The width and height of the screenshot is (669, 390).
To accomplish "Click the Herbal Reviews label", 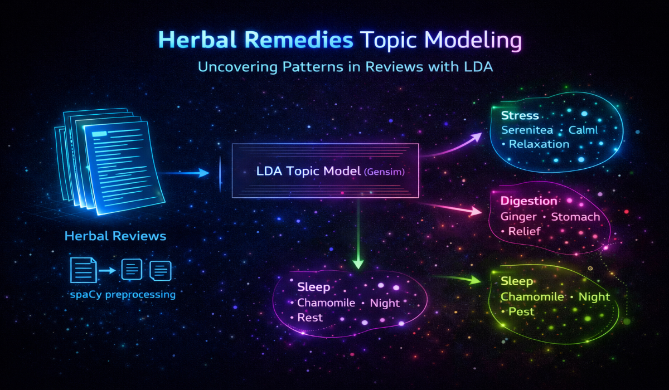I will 115,236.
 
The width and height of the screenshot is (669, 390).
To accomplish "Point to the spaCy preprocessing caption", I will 123,294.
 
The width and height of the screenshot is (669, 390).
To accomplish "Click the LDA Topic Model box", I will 326,170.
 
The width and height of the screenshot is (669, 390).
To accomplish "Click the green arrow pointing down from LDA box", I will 358,234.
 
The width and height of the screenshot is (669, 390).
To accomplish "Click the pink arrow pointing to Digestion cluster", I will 452,208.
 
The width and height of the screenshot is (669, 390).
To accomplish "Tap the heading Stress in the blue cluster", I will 520,116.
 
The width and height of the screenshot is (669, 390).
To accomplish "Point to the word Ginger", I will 518,216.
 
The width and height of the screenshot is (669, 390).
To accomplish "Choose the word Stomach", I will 575,216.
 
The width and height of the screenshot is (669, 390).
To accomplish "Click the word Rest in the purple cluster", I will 310,318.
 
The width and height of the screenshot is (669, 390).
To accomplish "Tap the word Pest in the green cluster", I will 521,311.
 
